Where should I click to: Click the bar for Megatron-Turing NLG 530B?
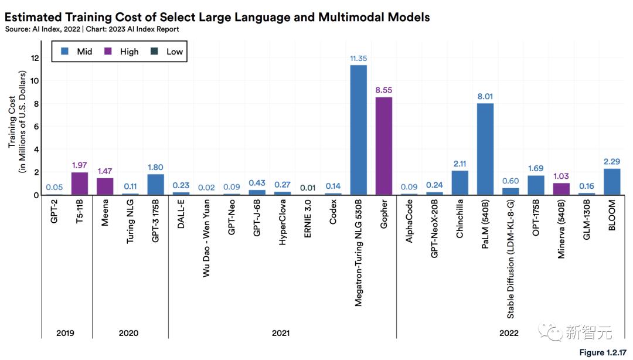coord(358,130)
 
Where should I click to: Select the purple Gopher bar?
coord(383,146)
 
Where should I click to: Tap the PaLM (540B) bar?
coord(485,149)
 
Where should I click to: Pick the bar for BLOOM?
coord(612,182)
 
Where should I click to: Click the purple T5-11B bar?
coord(80,184)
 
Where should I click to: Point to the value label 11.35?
coord(358,59)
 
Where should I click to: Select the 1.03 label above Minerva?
coord(561,176)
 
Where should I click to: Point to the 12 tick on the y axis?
coord(34,58)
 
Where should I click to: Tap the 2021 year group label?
coord(281,333)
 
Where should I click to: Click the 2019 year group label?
coord(66,333)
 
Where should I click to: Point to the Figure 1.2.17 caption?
coord(603,352)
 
